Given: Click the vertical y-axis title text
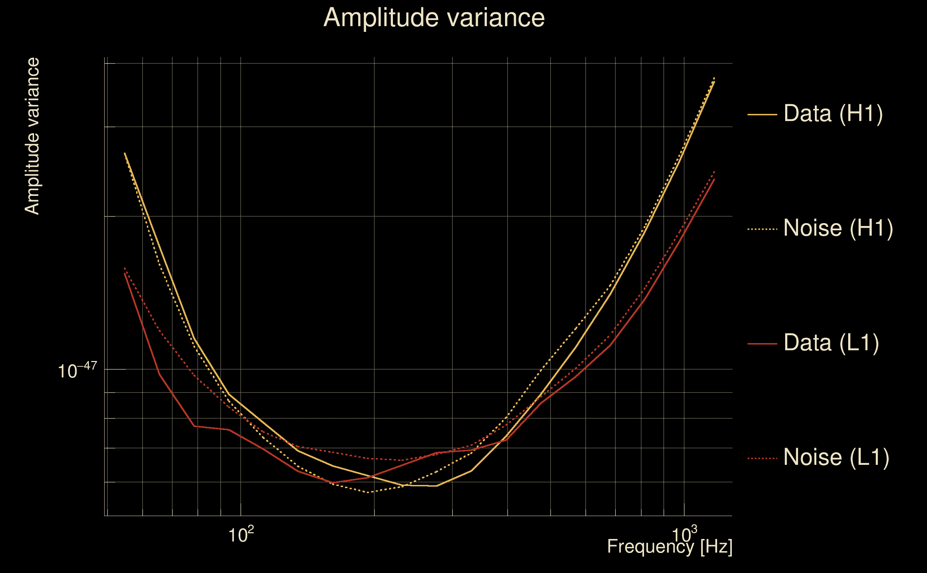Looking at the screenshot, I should (32, 136).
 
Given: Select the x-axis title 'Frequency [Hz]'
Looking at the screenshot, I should (669, 546).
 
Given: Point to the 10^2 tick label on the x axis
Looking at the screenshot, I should (241, 535).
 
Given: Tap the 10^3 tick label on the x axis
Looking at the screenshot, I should (684, 535).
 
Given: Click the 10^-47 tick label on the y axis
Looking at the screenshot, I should (77, 371).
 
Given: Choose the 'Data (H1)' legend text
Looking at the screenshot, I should (833, 113).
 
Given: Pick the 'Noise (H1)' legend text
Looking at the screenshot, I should (838, 228).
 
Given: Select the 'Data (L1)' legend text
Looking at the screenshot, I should (831, 343).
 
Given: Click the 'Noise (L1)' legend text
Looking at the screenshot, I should (836, 457).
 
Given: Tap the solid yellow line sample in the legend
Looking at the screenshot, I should (762, 114).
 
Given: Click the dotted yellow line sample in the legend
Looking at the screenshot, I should (762, 229).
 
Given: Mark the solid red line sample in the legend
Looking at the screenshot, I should (762, 344).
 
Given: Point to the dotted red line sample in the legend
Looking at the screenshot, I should (762, 458).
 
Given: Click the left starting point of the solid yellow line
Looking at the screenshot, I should (125, 153).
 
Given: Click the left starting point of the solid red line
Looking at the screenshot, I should (125, 273).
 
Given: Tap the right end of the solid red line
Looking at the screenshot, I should (714, 179).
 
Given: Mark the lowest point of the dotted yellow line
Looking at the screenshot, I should (368, 492).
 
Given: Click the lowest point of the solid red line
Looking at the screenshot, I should (333, 483).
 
